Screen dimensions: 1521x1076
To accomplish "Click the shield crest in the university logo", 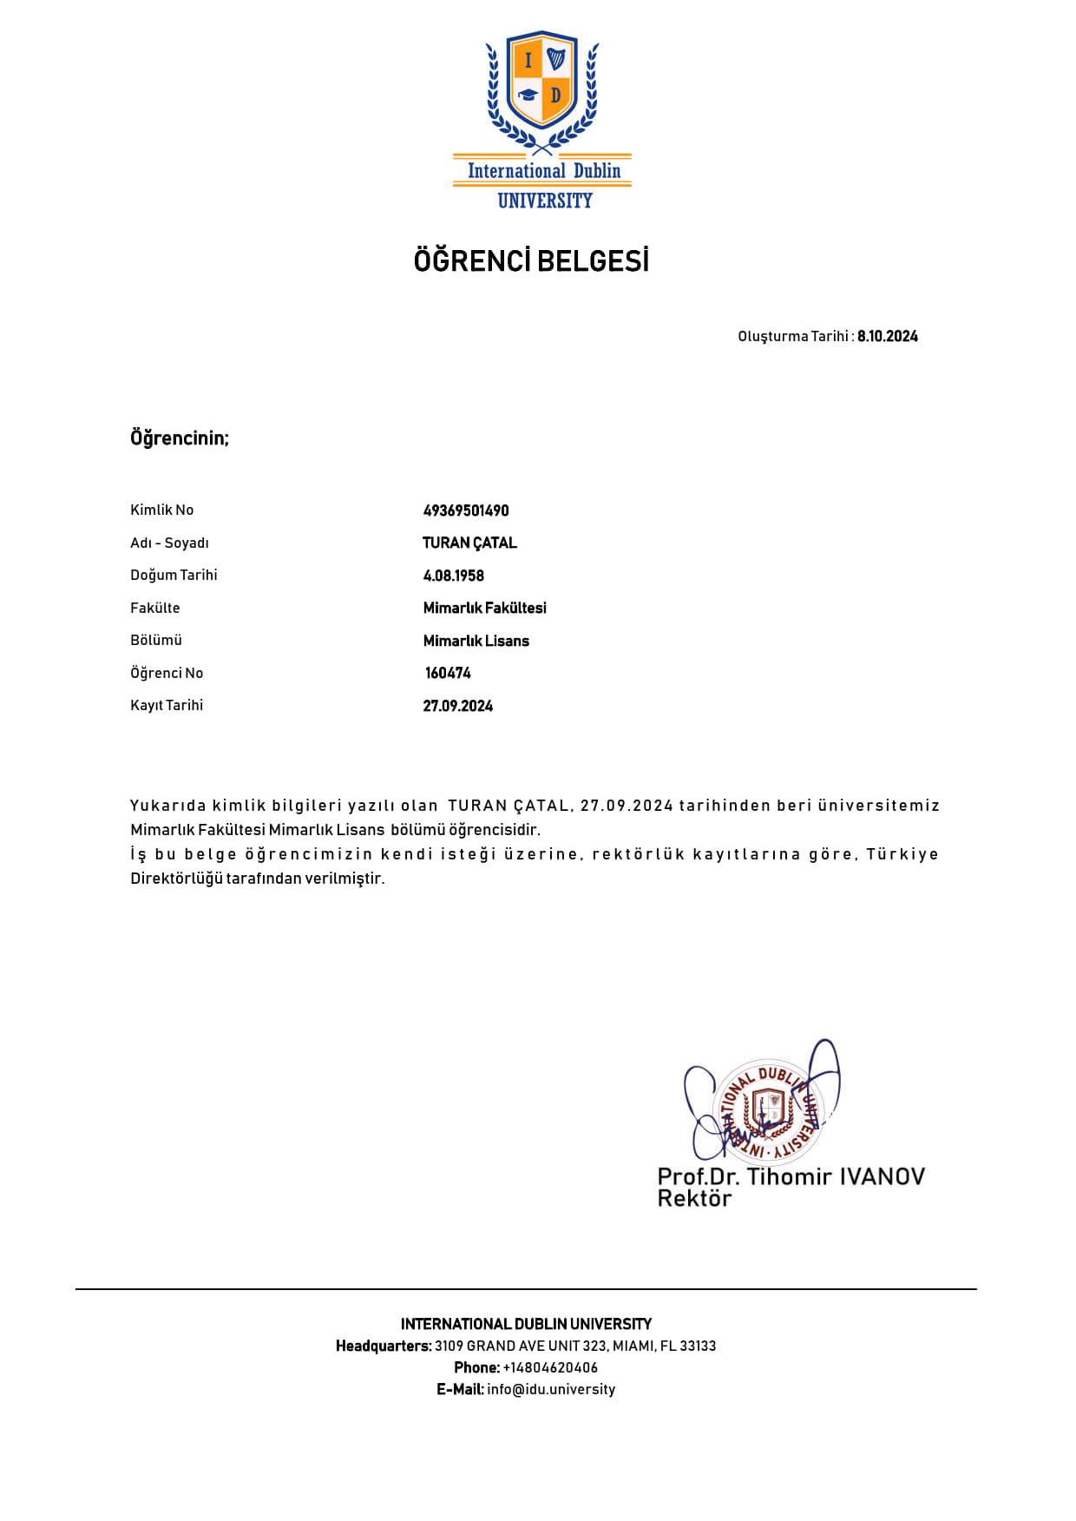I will point(542,80).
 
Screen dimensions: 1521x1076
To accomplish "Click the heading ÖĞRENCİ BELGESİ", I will point(531,260).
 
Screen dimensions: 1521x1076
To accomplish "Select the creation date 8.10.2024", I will point(887,336).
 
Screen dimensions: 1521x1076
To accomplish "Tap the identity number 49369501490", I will point(466,510).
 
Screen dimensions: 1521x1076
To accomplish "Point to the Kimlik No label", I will point(161,510).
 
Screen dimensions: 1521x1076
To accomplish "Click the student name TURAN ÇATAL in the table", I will point(469,543).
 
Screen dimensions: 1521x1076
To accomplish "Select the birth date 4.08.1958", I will point(453,576).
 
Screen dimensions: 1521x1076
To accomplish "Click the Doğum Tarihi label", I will point(174,575).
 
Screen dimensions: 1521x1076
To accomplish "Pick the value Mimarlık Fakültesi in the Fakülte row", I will point(484,608).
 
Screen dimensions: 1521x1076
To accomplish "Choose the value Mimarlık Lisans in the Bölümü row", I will point(476,641).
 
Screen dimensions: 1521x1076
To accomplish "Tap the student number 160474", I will point(448,673).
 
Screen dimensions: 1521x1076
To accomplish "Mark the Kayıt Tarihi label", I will point(167,705).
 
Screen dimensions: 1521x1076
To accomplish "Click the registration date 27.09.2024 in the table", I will point(457,706).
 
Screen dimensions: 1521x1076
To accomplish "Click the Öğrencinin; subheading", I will point(180,438).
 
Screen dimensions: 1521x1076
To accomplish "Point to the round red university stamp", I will point(768,1111).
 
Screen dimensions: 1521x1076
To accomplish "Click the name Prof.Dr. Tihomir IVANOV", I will point(791,1176).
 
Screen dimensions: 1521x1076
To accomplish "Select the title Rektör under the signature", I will point(694,1199).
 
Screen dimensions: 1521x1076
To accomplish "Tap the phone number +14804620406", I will point(550,1367).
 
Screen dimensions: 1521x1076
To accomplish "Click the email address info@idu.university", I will point(551,1389).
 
